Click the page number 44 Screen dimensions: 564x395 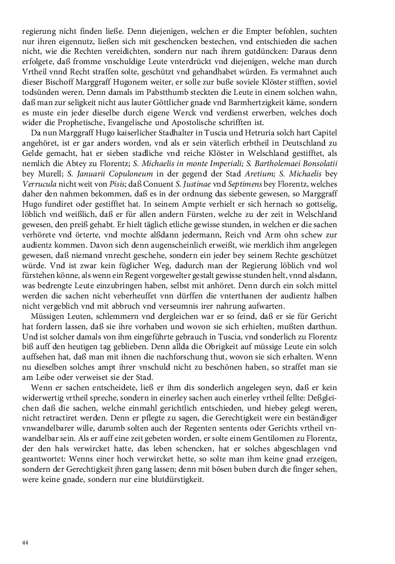(25, 542)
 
